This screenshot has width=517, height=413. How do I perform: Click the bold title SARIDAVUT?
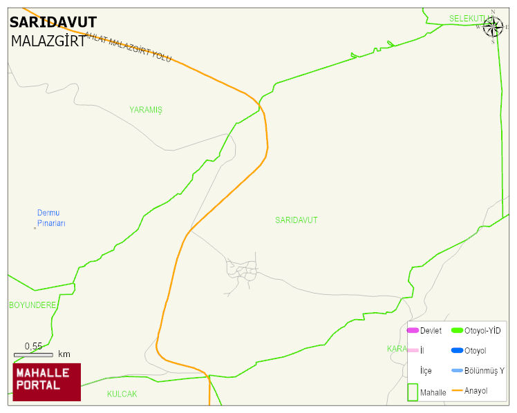(53, 22)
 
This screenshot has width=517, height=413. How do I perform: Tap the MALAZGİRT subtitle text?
(48, 41)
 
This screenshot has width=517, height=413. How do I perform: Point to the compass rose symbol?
(493, 27)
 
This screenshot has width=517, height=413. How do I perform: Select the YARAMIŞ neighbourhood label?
(146, 110)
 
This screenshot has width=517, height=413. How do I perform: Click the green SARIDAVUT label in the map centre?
(297, 220)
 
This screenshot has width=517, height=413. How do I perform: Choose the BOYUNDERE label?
(32, 305)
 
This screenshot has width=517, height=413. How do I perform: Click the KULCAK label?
(122, 394)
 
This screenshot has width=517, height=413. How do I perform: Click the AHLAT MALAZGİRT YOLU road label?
(127, 48)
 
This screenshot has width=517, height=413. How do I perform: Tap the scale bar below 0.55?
(33, 354)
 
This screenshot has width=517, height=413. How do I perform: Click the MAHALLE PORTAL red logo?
(46, 382)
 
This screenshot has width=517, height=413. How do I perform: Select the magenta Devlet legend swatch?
(413, 331)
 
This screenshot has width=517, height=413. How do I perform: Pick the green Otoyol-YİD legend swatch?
(457, 331)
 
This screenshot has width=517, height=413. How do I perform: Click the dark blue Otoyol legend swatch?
(457, 351)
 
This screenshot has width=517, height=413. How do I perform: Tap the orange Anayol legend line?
(457, 391)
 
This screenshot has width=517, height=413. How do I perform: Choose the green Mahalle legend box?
(413, 392)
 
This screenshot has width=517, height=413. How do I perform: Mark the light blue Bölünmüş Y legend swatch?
(457, 371)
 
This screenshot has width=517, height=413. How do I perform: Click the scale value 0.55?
(33, 346)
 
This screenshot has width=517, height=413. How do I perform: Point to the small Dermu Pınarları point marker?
(35, 228)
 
